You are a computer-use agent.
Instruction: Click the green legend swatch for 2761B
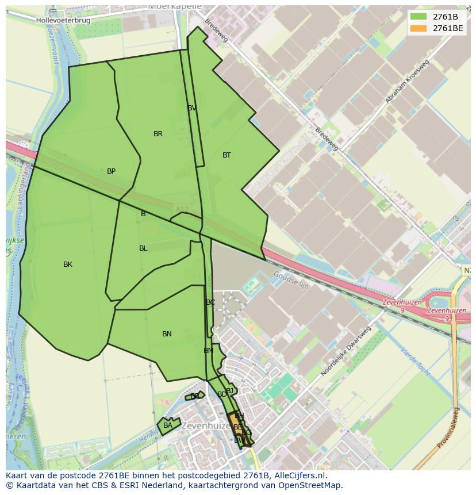click(419, 17)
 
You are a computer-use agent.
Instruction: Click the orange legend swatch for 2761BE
click(419, 28)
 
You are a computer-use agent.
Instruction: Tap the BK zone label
click(68, 264)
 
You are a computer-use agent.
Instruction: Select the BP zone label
click(111, 171)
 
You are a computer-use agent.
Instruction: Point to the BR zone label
click(158, 134)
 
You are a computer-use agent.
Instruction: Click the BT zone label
click(227, 155)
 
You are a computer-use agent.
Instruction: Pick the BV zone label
click(192, 108)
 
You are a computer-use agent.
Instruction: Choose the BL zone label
click(143, 248)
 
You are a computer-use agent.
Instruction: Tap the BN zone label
click(167, 334)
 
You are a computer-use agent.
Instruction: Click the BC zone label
click(210, 302)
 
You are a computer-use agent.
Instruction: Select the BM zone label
click(208, 351)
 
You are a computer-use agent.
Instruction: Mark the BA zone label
click(167, 425)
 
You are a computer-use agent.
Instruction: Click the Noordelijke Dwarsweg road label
click(346, 352)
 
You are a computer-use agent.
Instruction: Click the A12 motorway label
click(182, 209)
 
